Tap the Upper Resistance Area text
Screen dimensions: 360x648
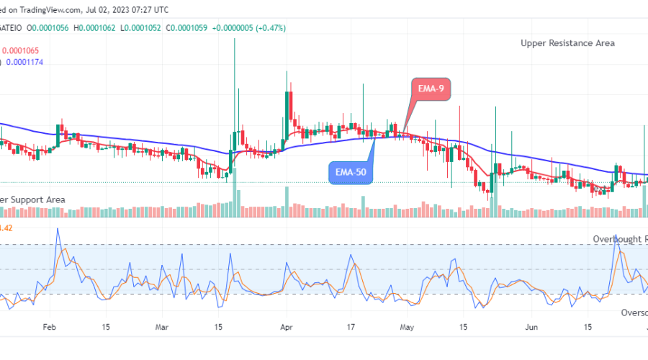pyautogui.click(x=567, y=43)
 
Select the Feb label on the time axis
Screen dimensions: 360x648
pyautogui.click(x=50, y=326)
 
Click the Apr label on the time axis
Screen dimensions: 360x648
pyautogui.click(x=286, y=326)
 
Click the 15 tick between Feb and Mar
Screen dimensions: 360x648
pyautogui.click(x=106, y=326)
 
